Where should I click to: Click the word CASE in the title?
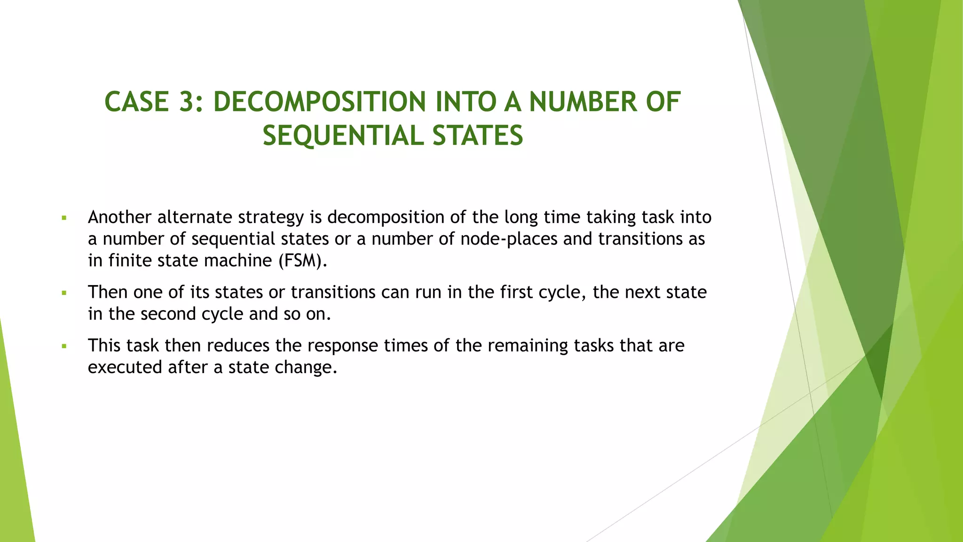click(x=136, y=102)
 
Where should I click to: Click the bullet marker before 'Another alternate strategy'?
click(x=64, y=218)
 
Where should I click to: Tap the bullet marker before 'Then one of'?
click(x=64, y=293)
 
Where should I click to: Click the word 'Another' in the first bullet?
click(x=119, y=217)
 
